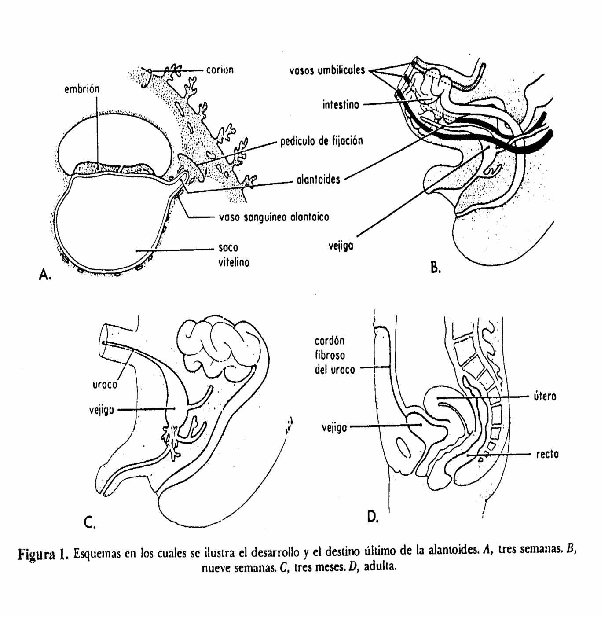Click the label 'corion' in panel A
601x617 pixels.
[220, 70]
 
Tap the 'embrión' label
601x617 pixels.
[82, 89]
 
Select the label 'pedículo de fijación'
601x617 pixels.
[322, 141]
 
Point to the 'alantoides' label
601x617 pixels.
[318, 180]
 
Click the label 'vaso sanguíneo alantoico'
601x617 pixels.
[274, 217]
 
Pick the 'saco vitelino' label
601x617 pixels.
[233, 255]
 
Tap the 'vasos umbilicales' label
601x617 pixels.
[327, 70]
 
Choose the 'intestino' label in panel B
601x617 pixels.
[341, 105]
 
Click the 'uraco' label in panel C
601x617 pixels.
[105, 385]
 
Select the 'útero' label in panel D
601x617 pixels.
[545, 397]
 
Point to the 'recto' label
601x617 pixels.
[547, 454]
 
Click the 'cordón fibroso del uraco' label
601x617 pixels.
[334, 355]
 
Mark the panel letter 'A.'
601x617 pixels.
[45, 275]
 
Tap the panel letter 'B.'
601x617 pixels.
[436, 267]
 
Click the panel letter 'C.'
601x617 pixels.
[89, 522]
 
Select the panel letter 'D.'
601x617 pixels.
[373, 517]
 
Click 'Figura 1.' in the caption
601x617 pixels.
[43, 554]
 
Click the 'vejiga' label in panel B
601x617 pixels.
[341, 246]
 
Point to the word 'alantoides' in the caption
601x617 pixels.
[453, 550]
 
